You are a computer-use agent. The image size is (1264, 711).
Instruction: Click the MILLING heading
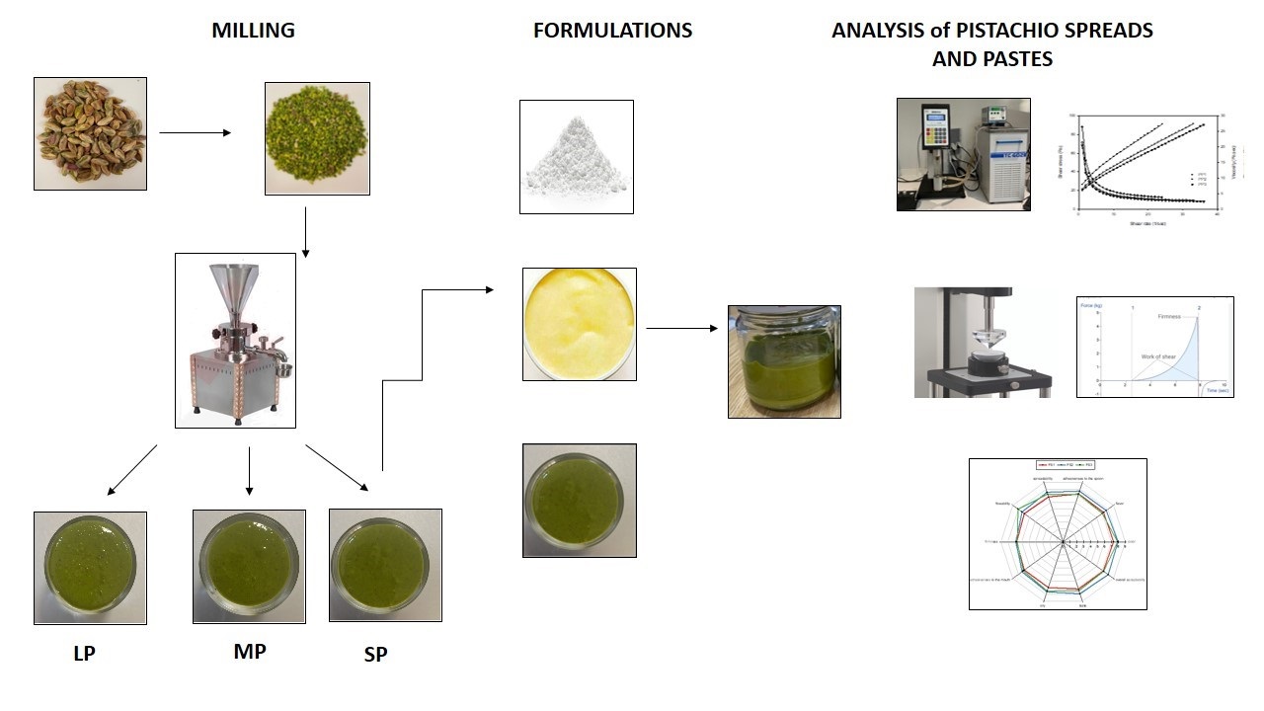point(253,31)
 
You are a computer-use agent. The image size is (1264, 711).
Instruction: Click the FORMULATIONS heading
point(612,31)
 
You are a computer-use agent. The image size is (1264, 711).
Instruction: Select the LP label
point(84,654)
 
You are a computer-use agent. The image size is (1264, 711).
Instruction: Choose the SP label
point(375,654)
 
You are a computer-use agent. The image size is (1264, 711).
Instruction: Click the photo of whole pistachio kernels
point(90,133)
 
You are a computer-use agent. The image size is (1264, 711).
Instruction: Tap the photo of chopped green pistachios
point(317,138)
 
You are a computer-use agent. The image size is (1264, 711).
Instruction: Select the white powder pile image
point(576,156)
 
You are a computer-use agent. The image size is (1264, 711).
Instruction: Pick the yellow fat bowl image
point(579,324)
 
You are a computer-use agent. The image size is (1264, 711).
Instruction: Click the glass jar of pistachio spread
point(784,361)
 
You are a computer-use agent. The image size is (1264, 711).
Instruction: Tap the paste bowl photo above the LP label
point(90,568)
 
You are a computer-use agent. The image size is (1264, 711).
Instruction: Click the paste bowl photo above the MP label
point(249,566)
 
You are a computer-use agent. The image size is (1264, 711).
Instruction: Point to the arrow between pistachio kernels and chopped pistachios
point(195,131)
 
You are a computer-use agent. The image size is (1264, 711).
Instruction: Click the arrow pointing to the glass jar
point(681,328)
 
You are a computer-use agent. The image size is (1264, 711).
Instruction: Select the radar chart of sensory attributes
point(1058,533)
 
